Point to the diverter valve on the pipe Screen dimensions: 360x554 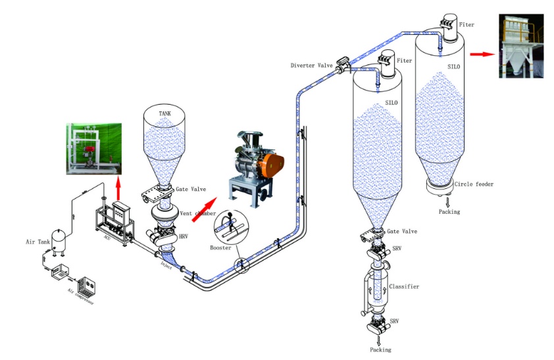point(342,65)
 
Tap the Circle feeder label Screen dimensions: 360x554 point(472,185)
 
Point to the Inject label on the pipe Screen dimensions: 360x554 point(166,265)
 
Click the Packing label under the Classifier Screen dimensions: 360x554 point(380,350)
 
